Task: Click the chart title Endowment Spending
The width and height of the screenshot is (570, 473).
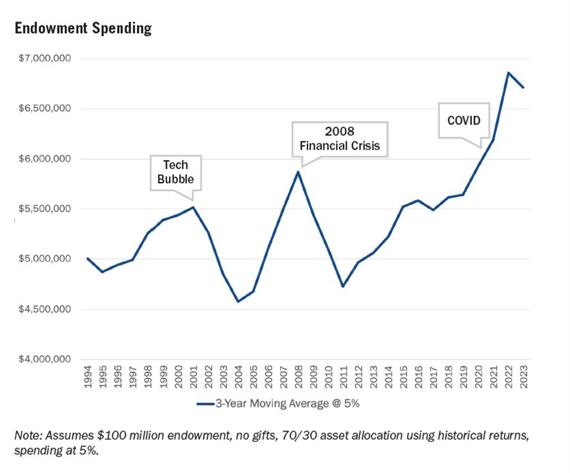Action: pos(82,29)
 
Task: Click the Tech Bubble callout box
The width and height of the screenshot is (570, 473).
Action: pos(175,172)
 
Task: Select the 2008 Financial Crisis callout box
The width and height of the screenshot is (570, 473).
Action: pos(340,139)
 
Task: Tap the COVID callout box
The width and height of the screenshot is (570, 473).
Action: pos(463,120)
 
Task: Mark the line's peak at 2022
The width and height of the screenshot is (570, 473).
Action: pos(508,73)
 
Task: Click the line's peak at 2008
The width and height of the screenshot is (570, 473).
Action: pos(298,172)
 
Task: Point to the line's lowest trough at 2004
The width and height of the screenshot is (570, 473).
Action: pos(238,302)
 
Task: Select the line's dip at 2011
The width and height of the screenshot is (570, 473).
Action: pos(343,287)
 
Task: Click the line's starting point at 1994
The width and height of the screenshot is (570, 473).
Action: pos(88,258)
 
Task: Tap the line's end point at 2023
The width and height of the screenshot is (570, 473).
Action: pos(523,87)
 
